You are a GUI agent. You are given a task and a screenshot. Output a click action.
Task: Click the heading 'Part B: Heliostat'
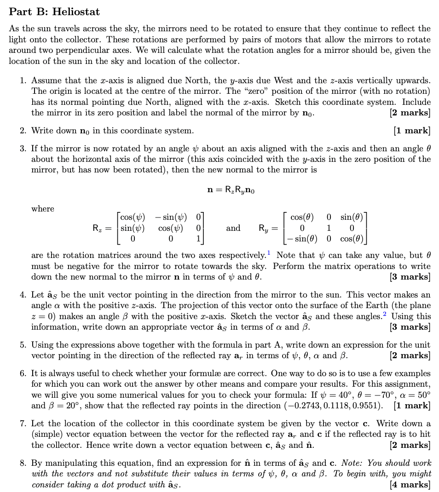(x=54, y=11)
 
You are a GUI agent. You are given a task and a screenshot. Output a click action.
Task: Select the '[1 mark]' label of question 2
(x=412, y=131)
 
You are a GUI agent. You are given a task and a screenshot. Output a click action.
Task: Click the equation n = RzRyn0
(x=231, y=190)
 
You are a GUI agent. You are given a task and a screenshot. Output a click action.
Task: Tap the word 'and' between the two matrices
(x=233, y=228)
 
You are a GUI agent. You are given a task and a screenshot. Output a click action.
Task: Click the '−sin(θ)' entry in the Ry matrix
(x=301, y=239)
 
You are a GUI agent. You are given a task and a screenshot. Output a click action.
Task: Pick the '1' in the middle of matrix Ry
(x=329, y=228)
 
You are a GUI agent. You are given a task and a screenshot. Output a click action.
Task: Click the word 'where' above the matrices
(x=42, y=209)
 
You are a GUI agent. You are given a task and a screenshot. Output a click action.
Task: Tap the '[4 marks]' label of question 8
(x=410, y=484)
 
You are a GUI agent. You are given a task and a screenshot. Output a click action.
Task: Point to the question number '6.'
(x=23, y=373)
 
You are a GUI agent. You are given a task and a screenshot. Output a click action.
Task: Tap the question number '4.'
(x=23, y=295)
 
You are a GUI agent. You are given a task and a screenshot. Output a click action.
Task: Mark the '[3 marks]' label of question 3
(x=410, y=277)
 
